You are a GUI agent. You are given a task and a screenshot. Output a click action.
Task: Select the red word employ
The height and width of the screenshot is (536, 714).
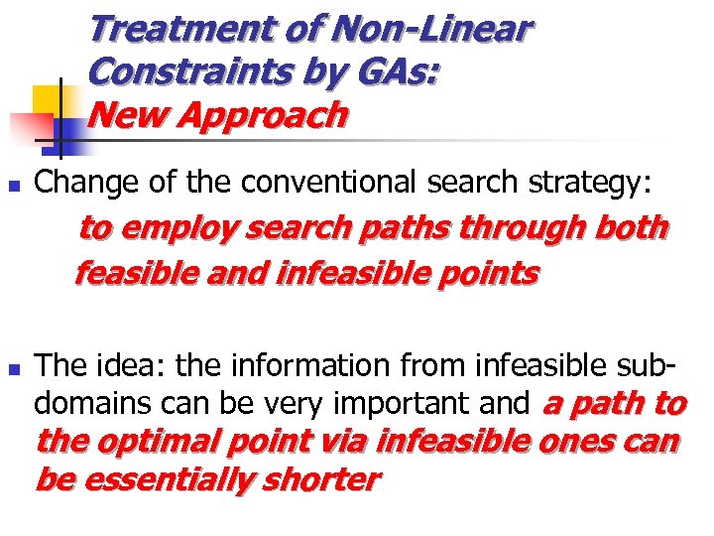pyautogui.click(x=177, y=229)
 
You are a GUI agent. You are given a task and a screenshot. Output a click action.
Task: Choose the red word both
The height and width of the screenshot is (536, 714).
pyautogui.click(x=632, y=229)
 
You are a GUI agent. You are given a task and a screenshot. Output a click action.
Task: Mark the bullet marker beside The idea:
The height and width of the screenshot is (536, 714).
pyautogui.click(x=12, y=368)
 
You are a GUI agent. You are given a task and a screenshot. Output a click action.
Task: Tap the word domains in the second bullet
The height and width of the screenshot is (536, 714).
pyautogui.click(x=86, y=403)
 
